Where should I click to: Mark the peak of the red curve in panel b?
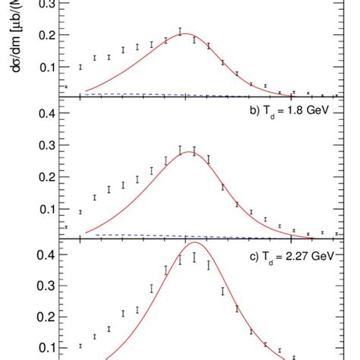pyautogui.click(x=188, y=153)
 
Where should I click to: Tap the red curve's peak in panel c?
pyautogui.click(x=193, y=243)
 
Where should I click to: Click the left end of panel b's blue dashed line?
pyautogui.click(x=85, y=235)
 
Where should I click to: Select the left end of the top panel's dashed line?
pyautogui.click(x=85, y=93)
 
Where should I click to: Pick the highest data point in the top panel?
pyautogui.click(x=180, y=32)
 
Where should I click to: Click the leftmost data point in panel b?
pyautogui.click(x=66, y=227)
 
